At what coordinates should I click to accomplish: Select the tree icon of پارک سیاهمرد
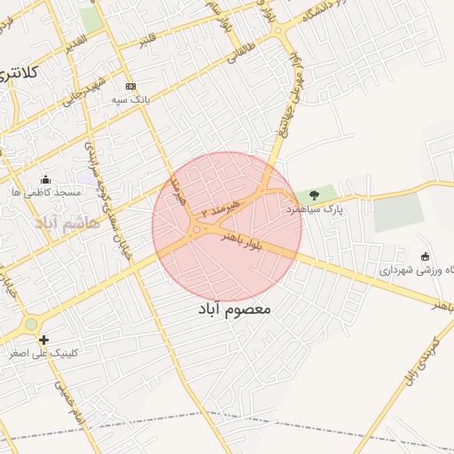point(314,195)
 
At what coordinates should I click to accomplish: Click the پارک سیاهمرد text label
point(313,209)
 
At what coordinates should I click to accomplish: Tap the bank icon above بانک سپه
point(131,86)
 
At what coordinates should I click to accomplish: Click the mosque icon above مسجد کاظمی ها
point(46,178)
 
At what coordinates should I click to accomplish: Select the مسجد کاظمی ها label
point(46,192)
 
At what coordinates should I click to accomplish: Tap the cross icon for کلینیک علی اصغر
point(43,339)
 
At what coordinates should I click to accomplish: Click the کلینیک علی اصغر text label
point(43,353)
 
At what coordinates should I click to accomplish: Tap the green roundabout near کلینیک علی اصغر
point(32,325)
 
